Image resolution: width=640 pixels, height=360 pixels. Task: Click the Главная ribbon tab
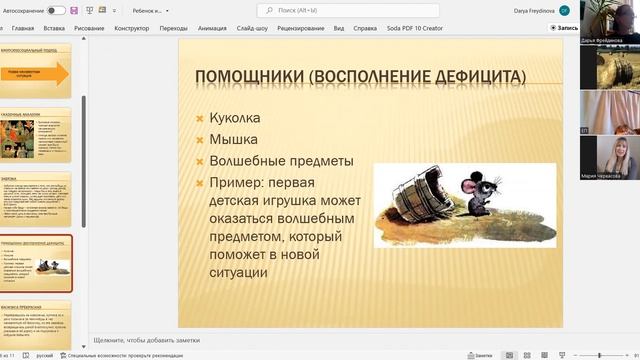coord(50,29)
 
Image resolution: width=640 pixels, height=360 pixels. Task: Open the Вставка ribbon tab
coord(83,29)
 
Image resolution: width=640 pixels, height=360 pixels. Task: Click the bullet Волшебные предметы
coord(281,161)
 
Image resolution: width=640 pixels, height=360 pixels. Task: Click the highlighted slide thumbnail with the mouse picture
coord(37,264)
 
